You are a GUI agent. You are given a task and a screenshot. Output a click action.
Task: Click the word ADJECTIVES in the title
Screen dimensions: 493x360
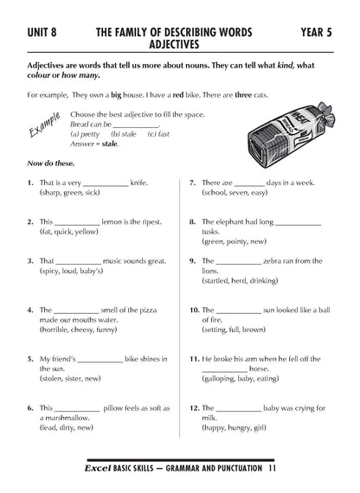pos(174,42)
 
